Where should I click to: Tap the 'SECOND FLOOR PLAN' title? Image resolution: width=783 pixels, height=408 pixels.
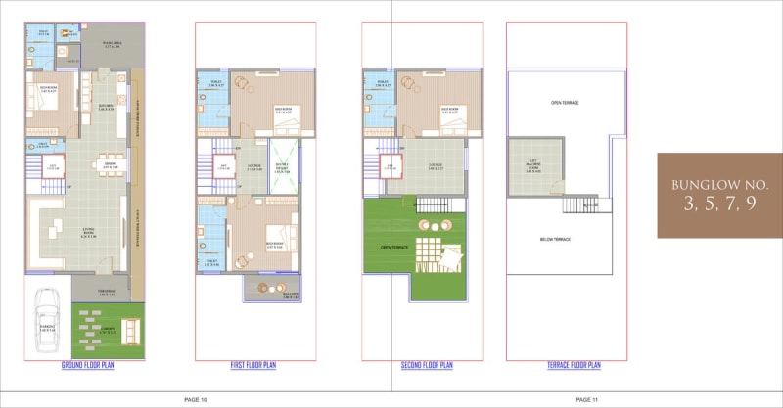pyautogui.click(x=427, y=365)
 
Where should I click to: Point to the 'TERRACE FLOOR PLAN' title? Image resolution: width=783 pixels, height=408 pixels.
pyautogui.click(x=575, y=365)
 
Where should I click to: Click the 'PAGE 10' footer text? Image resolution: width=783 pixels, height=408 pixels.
pyautogui.click(x=196, y=399)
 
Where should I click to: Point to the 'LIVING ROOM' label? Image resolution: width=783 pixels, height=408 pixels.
pyautogui.click(x=87, y=232)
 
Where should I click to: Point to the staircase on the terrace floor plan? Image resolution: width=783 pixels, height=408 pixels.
pyautogui.click(x=587, y=203)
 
